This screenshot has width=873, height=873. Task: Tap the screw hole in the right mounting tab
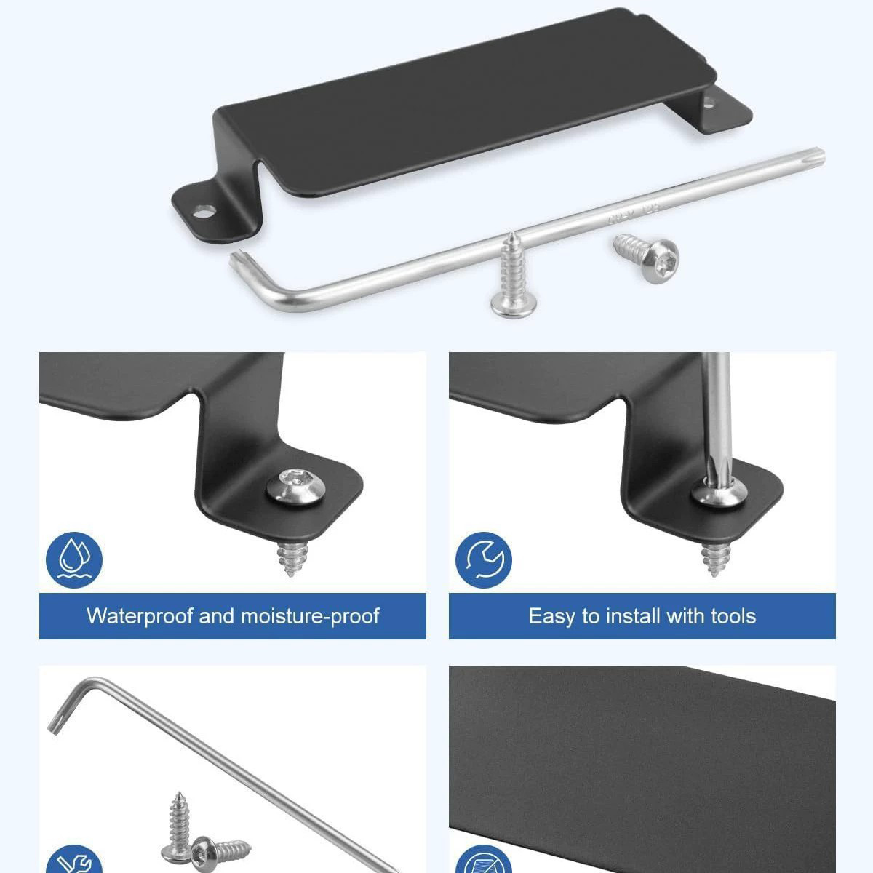pos(707,104)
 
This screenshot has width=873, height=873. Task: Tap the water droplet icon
pos(74,560)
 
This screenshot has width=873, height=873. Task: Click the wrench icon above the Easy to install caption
pos(483,560)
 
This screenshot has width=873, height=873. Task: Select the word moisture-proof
pos(310,617)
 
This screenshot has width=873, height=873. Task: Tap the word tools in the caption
pos(733,616)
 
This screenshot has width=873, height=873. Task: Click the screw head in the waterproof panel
pos(296,486)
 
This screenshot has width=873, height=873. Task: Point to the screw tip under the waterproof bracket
pos(291,561)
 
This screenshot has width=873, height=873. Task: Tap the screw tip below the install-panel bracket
pos(715,560)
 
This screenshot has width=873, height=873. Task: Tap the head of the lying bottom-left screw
pos(202,854)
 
